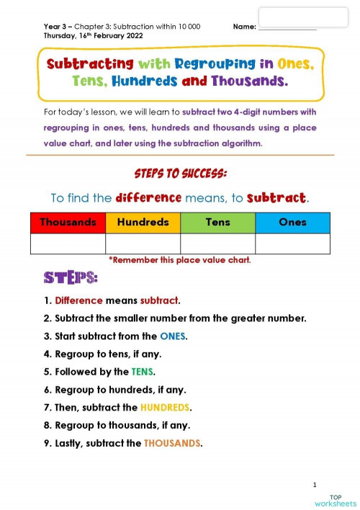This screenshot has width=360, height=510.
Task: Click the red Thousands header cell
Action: [68, 222]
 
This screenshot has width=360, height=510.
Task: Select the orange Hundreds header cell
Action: [143, 222]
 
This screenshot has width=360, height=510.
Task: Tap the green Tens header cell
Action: [217, 222]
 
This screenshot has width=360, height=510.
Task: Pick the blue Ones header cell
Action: [292, 222]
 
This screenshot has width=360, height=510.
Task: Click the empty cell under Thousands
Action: [68, 243]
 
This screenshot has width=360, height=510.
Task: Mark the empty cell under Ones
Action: [292, 243]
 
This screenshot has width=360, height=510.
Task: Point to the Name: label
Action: [245, 27]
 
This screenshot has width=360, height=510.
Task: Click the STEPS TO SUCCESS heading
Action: [180, 174]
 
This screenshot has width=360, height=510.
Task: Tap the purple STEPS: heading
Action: [71, 278]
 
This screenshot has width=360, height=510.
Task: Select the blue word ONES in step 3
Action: [173, 336]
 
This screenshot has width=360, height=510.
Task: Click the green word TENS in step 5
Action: [142, 372]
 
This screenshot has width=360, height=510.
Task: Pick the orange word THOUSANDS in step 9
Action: [172, 444]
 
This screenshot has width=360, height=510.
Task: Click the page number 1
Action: [315, 484]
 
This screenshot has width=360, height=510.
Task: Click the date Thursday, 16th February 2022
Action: [93, 35]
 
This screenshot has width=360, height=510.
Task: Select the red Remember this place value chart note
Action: [179, 260]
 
